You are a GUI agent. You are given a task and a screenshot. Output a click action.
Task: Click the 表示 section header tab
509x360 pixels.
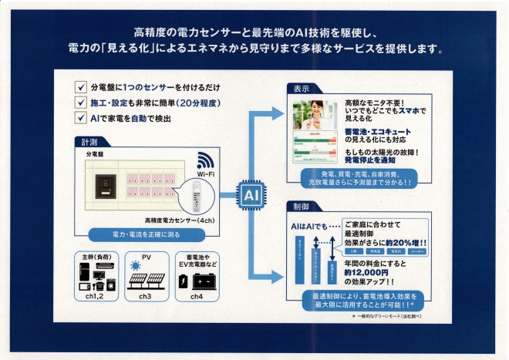[301, 89]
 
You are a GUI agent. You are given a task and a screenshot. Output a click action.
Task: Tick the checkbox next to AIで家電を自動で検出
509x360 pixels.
[80, 118]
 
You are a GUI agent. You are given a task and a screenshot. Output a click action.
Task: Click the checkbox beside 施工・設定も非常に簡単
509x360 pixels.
[80, 103]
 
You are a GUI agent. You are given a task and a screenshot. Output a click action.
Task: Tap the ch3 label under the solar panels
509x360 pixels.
[144, 295]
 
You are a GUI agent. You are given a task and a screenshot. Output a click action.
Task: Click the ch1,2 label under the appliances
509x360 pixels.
[96, 295]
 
